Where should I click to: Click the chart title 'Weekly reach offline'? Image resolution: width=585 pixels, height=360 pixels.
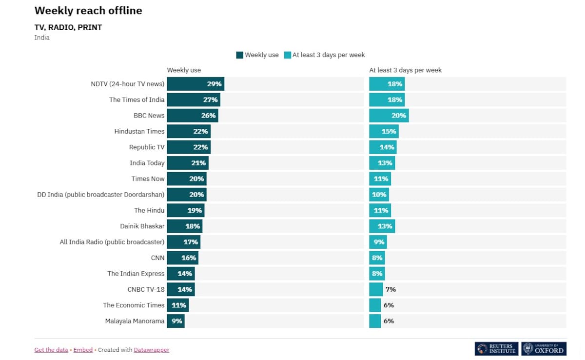[88, 10]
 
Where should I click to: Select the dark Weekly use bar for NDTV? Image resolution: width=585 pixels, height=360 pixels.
[195, 84]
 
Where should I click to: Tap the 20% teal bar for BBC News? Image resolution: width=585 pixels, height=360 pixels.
[389, 116]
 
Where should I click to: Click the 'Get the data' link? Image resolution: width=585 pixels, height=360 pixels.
[51, 350]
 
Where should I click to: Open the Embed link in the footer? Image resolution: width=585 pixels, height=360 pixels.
[83, 350]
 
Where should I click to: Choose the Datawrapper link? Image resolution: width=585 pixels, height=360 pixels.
[152, 350]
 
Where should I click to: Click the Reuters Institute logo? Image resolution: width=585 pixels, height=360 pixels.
[496, 349]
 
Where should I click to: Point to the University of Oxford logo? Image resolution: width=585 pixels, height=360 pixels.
[544, 349]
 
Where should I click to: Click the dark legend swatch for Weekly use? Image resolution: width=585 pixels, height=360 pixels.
[239, 55]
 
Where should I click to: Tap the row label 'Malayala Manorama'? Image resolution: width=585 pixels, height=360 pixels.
[135, 321]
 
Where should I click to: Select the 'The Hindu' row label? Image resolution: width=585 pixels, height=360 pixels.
[149, 210]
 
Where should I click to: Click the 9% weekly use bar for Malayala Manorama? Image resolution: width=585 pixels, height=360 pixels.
[175, 321]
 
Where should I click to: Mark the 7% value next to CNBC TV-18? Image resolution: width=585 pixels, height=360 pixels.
[390, 289]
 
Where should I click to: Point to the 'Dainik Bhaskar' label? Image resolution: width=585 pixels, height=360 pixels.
[142, 226]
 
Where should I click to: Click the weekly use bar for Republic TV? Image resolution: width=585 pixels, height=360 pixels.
[188, 147]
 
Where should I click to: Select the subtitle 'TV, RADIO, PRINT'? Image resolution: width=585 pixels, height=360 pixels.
[68, 27]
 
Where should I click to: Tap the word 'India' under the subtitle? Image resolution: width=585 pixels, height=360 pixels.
[42, 38]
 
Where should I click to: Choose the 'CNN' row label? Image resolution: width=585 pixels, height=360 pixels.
[157, 258]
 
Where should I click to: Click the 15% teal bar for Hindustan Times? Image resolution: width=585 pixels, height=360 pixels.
[383, 131]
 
